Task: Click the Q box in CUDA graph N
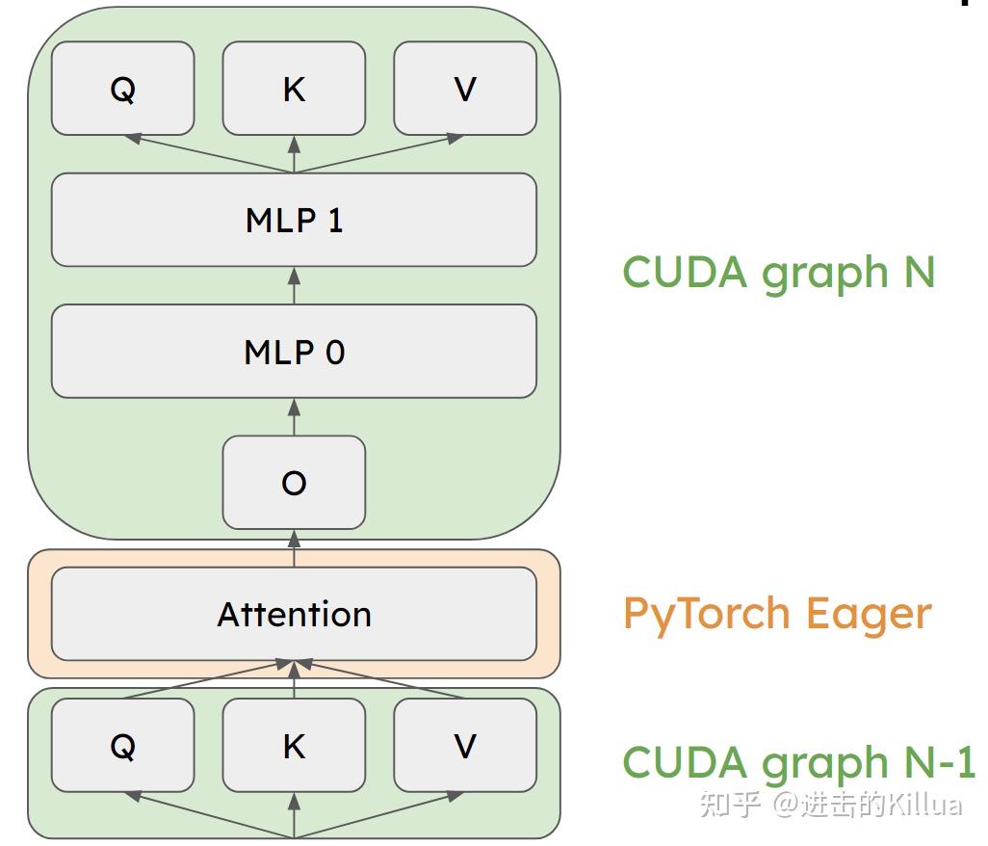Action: point(122,89)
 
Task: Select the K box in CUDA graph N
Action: point(294,89)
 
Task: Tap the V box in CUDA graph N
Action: point(465,89)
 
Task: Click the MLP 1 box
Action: point(294,220)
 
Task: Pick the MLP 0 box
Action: point(294,352)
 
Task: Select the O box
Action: point(294,483)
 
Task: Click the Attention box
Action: point(294,614)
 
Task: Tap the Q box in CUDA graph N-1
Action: point(122,746)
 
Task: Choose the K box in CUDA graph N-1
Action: point(294,746)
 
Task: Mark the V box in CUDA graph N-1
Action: point(465,746)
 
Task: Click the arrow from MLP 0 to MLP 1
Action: point(294,286)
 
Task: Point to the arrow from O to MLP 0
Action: point(294,417)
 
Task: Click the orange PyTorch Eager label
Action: point(777,614)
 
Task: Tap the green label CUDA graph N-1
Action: point(798,761)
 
